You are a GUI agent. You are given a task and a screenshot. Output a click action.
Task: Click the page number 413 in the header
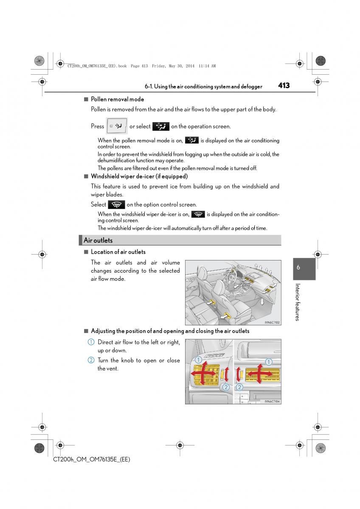[284, 85]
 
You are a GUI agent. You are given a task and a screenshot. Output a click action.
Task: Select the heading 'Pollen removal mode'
[117, 99]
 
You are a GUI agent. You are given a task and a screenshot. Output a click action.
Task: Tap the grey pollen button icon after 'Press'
[117, 126]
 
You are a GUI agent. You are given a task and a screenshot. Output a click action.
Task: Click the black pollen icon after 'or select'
[160, 126]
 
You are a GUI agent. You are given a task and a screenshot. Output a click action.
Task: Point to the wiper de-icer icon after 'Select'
[116, 204]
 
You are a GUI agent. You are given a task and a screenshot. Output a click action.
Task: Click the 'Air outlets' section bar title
[98, 240]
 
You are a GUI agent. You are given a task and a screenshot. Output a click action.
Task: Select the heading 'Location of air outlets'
[118, 252]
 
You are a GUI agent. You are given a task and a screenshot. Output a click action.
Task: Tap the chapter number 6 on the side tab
[298, 268]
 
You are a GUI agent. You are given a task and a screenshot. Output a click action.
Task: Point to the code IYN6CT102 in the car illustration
[272, 322]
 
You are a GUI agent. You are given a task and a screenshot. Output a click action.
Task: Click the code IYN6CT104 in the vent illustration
[272, 401]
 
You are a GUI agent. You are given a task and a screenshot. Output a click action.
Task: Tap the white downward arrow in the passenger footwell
[262, 302]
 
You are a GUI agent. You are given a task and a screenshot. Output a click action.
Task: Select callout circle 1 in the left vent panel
[198, 360]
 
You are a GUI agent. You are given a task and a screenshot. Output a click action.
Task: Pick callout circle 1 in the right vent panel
[268, 362]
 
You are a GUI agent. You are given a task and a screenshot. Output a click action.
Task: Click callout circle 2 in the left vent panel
[226, 387]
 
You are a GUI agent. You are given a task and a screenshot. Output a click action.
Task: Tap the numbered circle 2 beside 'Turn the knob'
[91, 360]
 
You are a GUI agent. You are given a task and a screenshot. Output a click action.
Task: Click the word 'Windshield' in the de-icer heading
[105, 176]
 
